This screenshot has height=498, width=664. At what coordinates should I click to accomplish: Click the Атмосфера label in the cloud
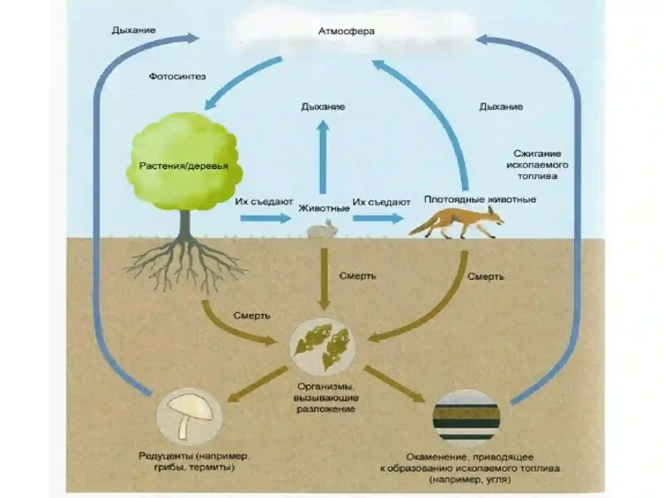(346, 32)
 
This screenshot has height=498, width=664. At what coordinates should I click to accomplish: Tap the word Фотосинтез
(177, 76)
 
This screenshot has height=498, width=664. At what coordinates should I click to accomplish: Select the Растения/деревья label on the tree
(183, 166)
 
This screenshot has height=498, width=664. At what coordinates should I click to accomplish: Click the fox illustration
(457, 223)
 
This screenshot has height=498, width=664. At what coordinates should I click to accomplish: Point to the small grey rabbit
(322, 229)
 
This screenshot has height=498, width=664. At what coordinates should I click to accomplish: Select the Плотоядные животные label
(480, 200)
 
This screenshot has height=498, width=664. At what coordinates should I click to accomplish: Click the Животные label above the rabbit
(324, 208)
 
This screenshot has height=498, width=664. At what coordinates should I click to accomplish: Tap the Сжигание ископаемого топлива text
(537, 165)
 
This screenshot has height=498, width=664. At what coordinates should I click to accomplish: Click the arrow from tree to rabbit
(266, 218)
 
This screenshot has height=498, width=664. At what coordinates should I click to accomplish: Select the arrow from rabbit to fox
(378, 218)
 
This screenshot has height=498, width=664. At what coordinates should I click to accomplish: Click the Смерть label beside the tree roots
(251, 316)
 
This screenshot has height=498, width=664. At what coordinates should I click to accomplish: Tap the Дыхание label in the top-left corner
(133, 30)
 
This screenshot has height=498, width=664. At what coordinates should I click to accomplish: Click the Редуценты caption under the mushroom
(194, 461)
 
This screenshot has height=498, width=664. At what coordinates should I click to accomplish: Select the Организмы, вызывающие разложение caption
(326, 398)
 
